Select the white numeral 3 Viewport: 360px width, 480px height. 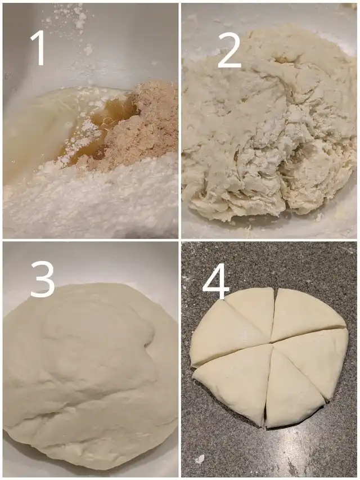pyautogui.click(x=42, y=280)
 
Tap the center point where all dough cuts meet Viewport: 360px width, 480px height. pyautogui.click(x=272, y=343)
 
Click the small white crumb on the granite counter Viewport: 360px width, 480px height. pyautogui.click(x=200, y=459)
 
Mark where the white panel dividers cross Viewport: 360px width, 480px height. pyautogui.click(x=179, y=240)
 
